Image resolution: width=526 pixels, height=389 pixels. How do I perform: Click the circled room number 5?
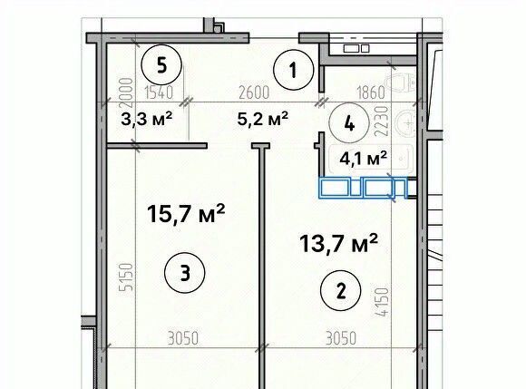click(161, 64)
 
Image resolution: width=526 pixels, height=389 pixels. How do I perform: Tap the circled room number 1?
click(294, 70)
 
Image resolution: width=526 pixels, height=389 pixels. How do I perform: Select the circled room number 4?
click(349, 123)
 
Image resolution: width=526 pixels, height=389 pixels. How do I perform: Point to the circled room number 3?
click(184, 273)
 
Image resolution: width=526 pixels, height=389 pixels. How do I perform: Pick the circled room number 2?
click(341, 290)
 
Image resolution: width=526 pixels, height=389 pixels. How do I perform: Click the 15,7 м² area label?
click(186, 214)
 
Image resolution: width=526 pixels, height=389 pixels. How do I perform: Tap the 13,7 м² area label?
click(339, 243)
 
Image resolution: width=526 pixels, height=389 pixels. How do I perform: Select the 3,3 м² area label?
click(147, 119)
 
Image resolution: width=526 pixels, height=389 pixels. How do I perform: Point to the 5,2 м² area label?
click(263, 119)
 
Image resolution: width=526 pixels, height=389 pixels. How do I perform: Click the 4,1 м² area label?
click(364, 158)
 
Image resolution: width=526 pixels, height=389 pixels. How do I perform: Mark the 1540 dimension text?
click(159, 92)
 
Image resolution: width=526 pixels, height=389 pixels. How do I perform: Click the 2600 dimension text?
click(254, 92)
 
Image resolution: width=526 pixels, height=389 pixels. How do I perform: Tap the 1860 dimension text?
click(370, 92)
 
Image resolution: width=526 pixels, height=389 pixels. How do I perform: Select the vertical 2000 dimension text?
click(126, 91)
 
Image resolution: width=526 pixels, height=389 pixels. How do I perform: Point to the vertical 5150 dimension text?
click(128, 277)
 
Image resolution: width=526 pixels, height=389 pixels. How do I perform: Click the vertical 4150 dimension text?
click(382, 302)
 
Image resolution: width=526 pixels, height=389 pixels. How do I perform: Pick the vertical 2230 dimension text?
click(382, 121)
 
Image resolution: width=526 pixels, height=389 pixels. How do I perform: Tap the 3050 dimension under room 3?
click(183, 338)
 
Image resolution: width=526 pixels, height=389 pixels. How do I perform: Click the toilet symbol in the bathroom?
click(401, 83)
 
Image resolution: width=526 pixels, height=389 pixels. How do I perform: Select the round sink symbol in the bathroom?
click(406, 123)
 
